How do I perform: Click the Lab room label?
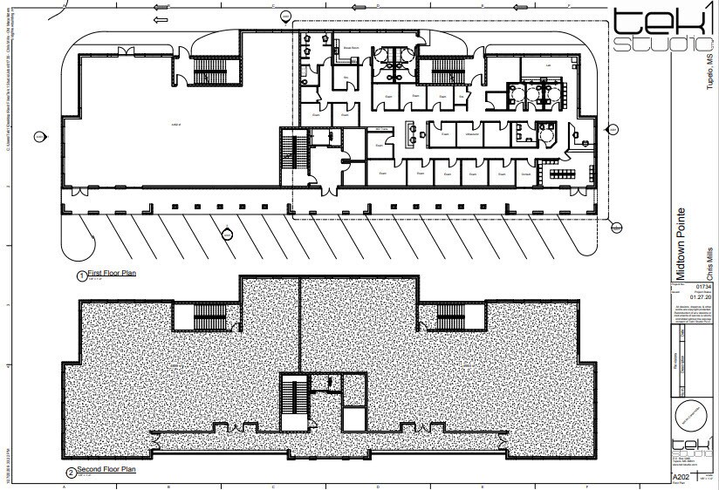coord(549,65)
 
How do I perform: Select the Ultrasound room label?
coord(472,134)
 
